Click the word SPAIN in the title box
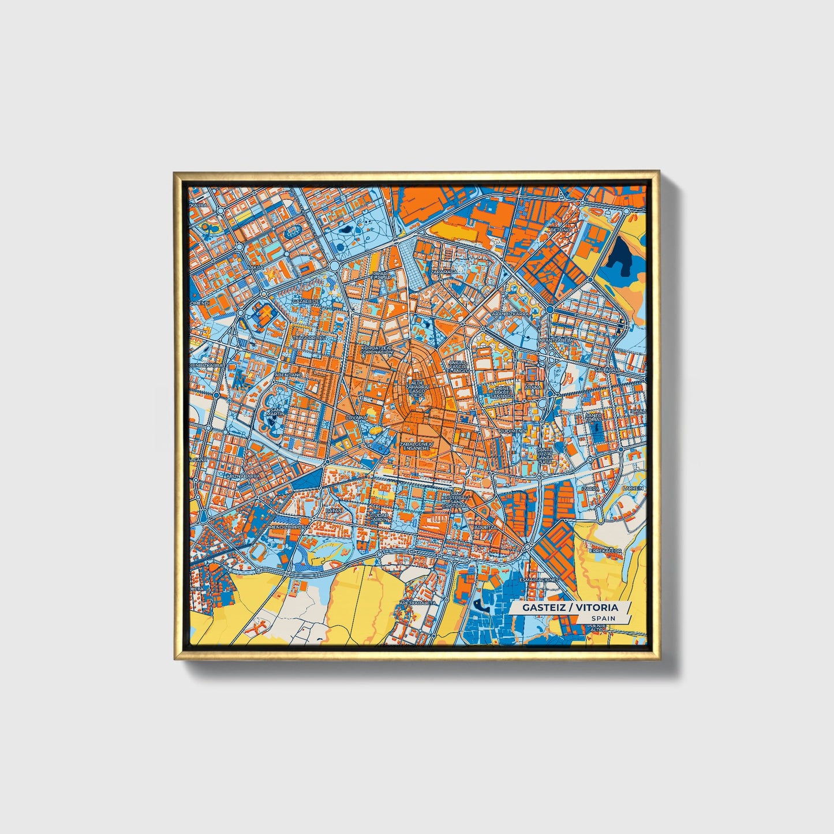603,618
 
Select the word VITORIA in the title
597,607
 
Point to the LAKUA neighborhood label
255,268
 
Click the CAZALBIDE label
305,301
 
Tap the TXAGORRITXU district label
310,338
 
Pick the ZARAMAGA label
444,271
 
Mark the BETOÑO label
560,230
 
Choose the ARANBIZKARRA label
510,314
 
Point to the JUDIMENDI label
514,431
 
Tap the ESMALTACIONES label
539,579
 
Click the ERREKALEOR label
605,551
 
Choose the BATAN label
334,510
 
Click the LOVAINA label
356,417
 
